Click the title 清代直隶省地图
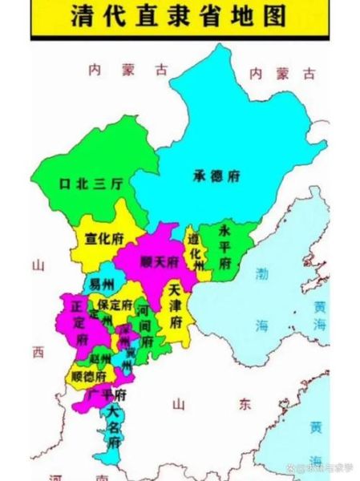tap(180, 16)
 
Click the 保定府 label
tap(112, 305)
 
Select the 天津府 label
tap(174, 305)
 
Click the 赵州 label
tap(101, 358)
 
